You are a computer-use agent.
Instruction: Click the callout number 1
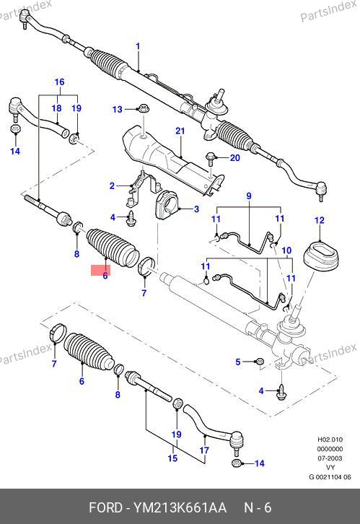tap(138, 46)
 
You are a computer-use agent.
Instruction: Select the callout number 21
tap(180, 131)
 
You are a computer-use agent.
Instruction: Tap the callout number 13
tap(117, 110)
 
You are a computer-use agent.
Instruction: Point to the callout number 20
tap(234, 157)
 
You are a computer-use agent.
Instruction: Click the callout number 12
tap(320, 220)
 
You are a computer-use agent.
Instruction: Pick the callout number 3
tap(196, 209)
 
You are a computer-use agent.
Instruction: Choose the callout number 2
tap(113, 185)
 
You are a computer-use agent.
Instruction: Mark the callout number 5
tap(238, 362)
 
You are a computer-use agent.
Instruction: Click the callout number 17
tap(204, 450)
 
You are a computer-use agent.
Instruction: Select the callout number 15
tap(172, 458)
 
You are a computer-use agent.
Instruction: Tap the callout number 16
tap(59, 82)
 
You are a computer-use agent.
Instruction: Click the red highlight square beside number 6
tap(100, 271)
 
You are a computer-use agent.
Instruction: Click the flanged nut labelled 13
tap(144, 108)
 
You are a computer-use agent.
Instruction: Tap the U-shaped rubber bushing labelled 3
tap(168, 204)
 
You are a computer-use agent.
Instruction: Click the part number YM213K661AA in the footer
tap(180, 507)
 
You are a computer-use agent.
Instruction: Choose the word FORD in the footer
tap(105, 507)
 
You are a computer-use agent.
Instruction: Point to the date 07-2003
tap(330, 458)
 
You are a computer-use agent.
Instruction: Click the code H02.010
tap(330, 440)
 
